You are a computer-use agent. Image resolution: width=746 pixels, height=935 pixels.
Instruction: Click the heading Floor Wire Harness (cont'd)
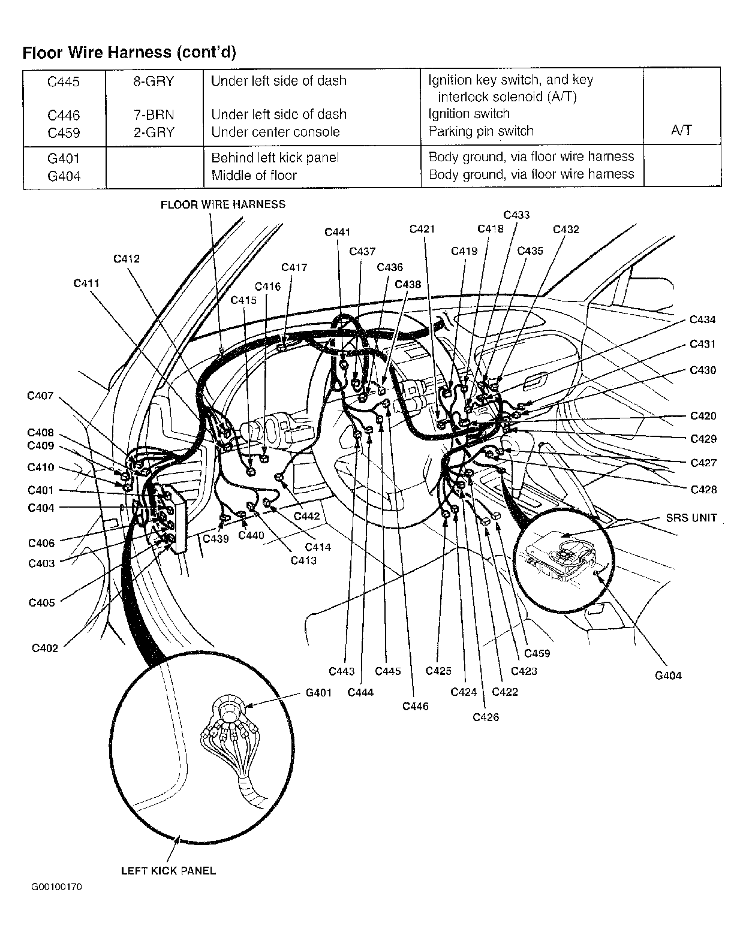129,53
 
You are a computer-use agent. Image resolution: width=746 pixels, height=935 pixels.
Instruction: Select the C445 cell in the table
63,81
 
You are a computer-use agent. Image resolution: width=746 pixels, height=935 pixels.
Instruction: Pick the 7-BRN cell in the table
154,114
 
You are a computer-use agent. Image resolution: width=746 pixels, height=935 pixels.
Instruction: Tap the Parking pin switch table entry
481,131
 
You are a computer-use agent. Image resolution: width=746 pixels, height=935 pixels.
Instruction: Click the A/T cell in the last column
682,131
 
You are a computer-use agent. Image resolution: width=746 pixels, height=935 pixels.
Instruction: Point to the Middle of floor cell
254,175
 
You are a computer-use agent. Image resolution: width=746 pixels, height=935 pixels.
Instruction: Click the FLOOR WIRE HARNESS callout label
222,204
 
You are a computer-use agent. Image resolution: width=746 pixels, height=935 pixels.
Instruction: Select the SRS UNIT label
691,518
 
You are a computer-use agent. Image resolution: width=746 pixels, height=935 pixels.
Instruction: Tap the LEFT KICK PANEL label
168,871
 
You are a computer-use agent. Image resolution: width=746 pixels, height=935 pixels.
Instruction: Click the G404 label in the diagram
668,675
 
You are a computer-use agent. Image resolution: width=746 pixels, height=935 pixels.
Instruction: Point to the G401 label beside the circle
318,693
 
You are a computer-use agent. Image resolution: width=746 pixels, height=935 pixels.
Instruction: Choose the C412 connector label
127,259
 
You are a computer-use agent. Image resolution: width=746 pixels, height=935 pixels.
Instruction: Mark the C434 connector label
702,320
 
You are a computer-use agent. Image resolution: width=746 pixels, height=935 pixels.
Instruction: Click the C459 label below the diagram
537,653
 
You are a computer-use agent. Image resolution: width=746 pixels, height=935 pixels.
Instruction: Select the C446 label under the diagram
416,707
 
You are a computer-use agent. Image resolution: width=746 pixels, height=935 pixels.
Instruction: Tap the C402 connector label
45,648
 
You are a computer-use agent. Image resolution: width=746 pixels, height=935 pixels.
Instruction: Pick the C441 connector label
337,232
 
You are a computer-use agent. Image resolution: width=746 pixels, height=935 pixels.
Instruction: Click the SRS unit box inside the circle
558,554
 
